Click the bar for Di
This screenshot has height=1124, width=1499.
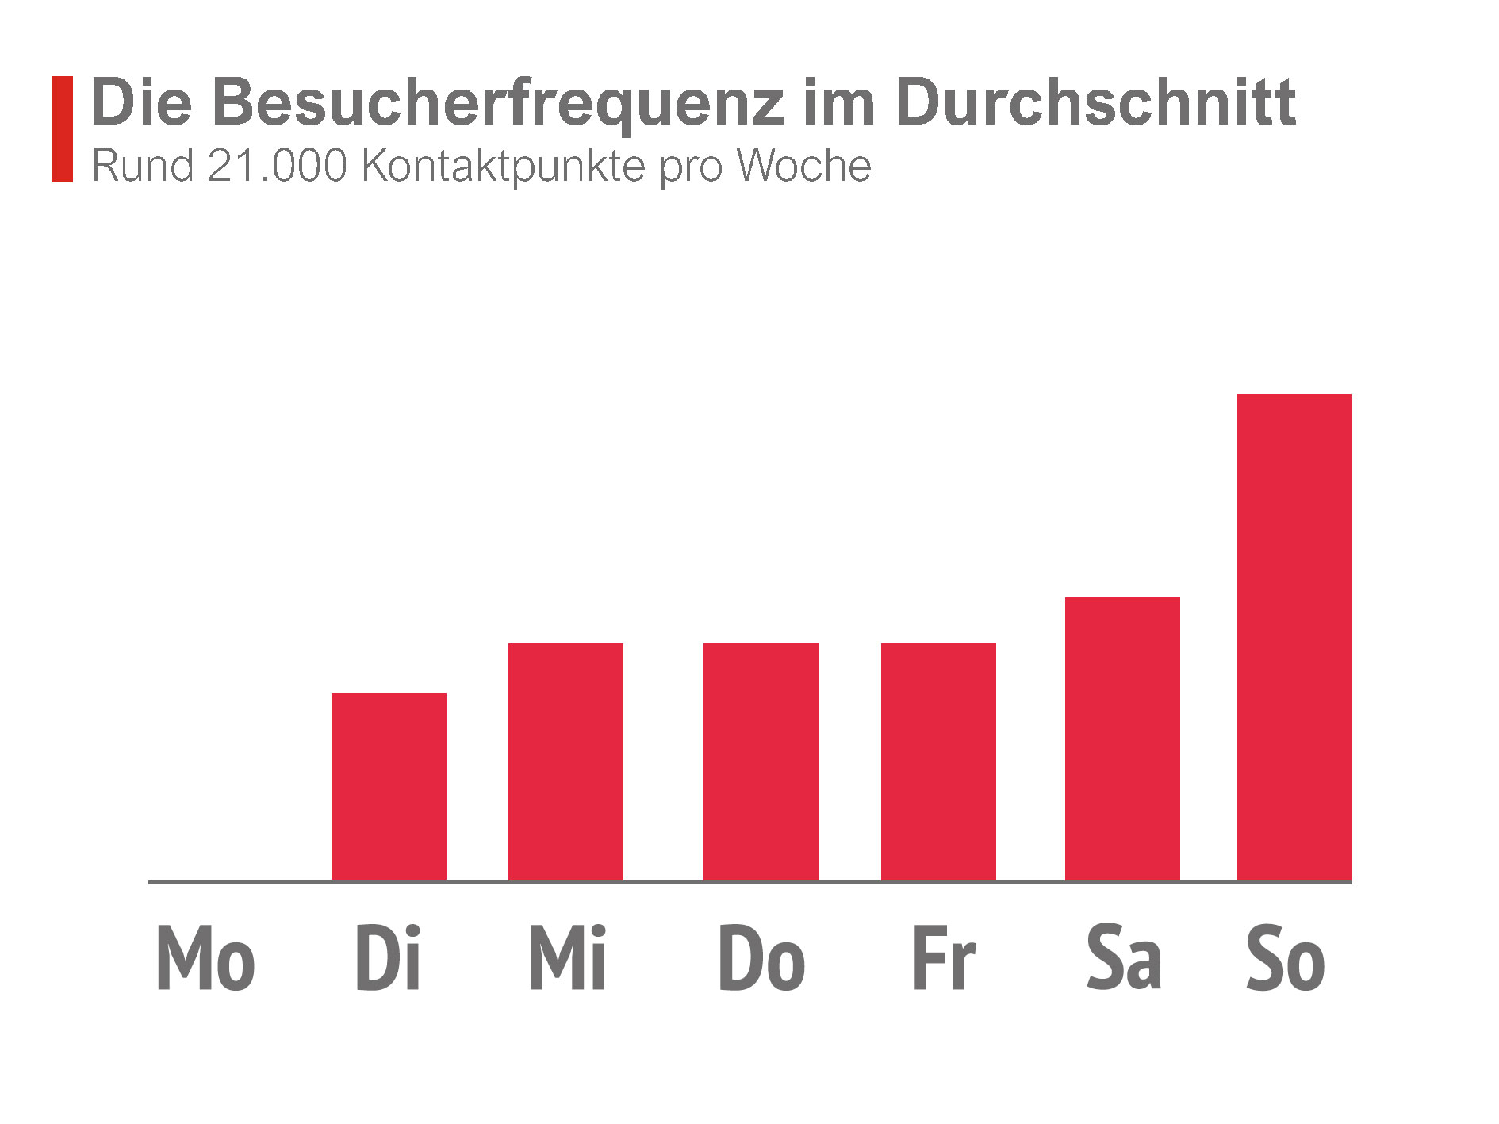(x=389, y=786)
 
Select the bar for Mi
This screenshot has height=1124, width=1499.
(x=565, y=761)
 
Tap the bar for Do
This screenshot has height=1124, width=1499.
(x=761, y=761)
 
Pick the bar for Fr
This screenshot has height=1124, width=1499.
(x=938, y=761)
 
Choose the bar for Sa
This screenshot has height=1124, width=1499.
(x=1122, y=738)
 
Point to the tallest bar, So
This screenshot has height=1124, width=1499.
(x=1294, y=637)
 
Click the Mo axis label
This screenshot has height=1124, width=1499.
(x=205, y=957)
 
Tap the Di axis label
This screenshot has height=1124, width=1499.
(x=388, y=957)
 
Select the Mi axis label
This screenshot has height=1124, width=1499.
(x=568, y=957)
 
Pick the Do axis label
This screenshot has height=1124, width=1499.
(x=761, y=957)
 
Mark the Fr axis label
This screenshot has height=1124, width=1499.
(x=944, y=957)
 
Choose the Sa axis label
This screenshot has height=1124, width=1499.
(x=1124, y=957)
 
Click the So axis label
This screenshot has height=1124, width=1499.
(x=1286, y=957)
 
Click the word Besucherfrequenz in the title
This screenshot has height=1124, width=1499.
(x=498, y=103)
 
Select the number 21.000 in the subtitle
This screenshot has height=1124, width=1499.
(x=278, y=166)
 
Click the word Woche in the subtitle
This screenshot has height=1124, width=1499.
(x=803, y=166)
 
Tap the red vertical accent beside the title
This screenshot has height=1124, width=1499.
(x=62, y=129)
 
